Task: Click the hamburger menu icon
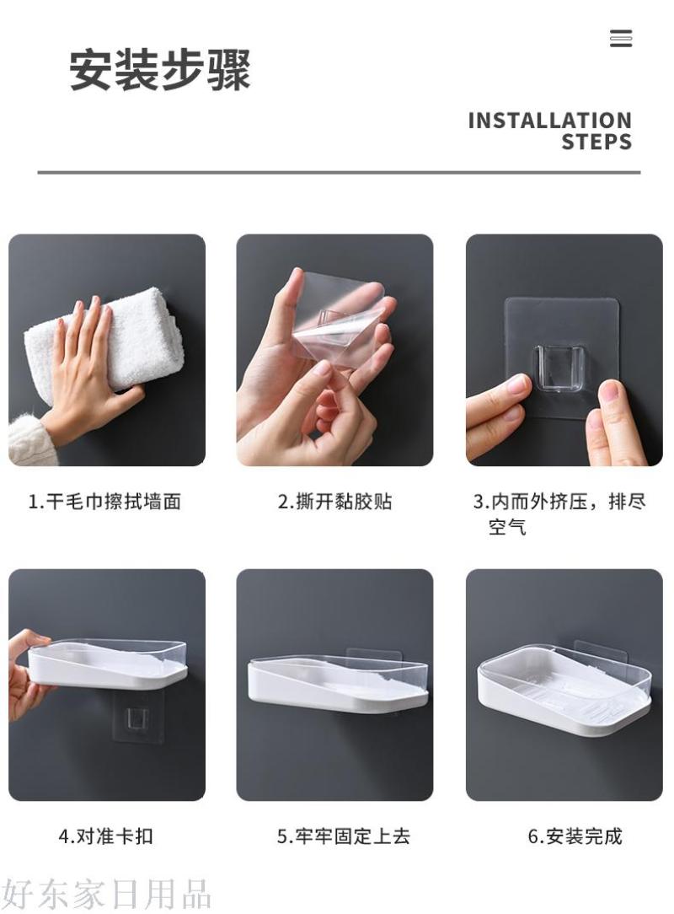620,39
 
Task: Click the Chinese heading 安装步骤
160,70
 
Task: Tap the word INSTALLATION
550,121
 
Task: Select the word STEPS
596,142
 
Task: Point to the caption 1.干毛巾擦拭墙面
104,502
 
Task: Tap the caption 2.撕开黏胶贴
335,502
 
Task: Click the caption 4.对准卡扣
105,836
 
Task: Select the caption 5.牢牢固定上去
343,836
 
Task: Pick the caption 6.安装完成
575,836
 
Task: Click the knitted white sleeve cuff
29,440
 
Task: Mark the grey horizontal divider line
339,173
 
